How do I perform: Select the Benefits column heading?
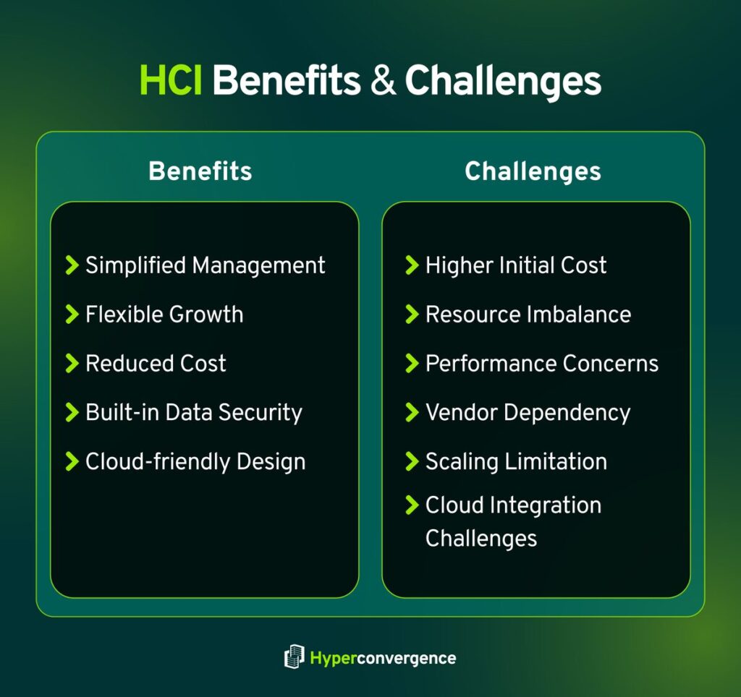click(200, 171)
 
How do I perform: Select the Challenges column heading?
click(533, 171)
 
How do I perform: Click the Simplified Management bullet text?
click(206, 265)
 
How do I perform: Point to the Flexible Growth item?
click(164, 315)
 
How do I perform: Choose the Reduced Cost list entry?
click(156, 363)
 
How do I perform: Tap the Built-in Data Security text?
click(193, 412)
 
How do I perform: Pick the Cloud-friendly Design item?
click(195, 461)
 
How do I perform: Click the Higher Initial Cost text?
click(516, 265)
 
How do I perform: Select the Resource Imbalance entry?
click(528, 315)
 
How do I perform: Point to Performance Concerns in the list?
click(542, 363)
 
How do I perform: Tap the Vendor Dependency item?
click(528, 412)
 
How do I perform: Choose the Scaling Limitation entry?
click(516, 461)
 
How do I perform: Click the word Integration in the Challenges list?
click(554, 505)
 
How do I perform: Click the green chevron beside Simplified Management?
click(72, 265)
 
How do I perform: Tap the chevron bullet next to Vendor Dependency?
click(412, 412)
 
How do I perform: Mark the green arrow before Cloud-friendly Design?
click(72, 461)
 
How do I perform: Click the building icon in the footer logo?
click(294, 657)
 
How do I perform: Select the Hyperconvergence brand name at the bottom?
click(383, 658)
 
